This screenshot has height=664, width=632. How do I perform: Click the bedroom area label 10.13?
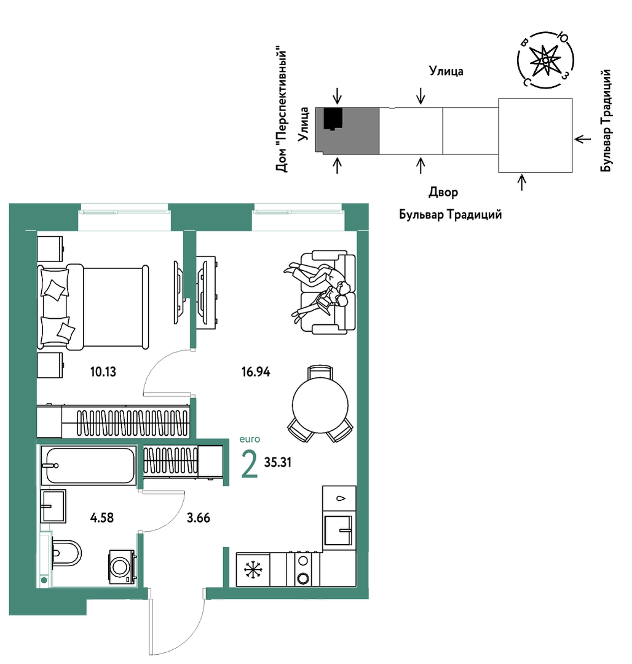tap(103, 372)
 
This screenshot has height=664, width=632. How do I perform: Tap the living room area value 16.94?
tap(256, 372)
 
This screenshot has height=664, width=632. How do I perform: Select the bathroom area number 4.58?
tap(102, 518)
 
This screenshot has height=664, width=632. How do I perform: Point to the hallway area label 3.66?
tap(199, 518)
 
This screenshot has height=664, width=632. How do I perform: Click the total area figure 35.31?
tap(278, 462)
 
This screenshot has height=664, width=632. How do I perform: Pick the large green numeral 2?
tap(249, 464)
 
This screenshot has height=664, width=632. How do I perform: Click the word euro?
tap(250, 439)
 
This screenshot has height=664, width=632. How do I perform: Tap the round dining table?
tap(320, 405)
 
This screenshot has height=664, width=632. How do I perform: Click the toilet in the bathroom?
tap(66, 553)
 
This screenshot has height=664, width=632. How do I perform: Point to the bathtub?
tap(89, 465)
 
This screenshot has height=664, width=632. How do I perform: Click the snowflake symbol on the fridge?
tap(253, 569)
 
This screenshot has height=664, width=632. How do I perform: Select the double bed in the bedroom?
tap(93, 308)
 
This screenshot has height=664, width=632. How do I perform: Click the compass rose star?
tap(545, 60)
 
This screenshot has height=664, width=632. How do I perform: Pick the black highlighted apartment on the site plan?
tap(333, 119)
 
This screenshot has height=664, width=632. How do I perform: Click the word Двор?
tap(443, 192)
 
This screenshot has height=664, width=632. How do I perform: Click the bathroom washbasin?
tap(53, 506)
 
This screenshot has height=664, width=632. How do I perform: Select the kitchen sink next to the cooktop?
tap(338, 530)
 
